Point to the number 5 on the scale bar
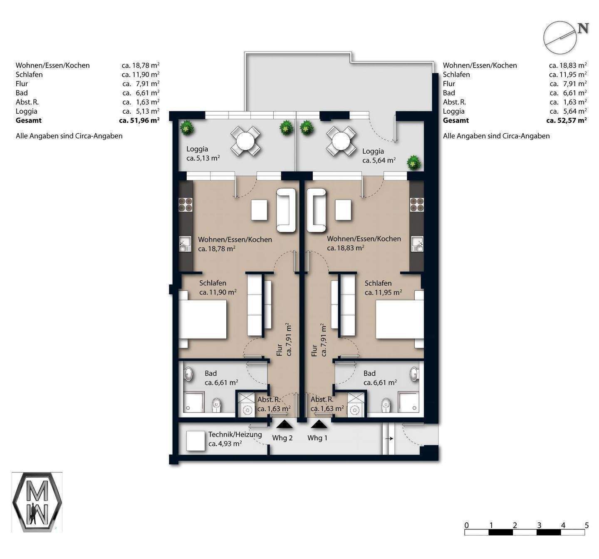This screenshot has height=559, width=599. (x=587, y=525)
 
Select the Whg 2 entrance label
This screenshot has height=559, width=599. (x=282, y=438)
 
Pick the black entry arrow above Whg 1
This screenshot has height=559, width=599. (x=319, y=424)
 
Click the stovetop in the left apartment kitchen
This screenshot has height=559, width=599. (x=186, y=204)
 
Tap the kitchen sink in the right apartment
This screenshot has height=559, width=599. (x=416, y=244)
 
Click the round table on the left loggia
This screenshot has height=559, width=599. (x=245, y=140)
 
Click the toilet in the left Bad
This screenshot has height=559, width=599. (x=216, y=404)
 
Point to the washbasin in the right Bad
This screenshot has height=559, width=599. (x=414, y=374)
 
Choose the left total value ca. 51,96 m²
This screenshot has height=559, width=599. (x=139, y=120)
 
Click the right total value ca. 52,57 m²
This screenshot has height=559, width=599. (x=567, y=120)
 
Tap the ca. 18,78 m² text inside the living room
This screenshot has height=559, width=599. (x=217, y=249)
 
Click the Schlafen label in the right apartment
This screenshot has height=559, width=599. (x=378, y=283)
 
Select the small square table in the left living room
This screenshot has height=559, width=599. (x=259, y=210)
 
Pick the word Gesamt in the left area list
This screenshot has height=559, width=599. (x=29, y=120)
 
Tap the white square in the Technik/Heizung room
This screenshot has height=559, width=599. (x=196, y=441)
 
